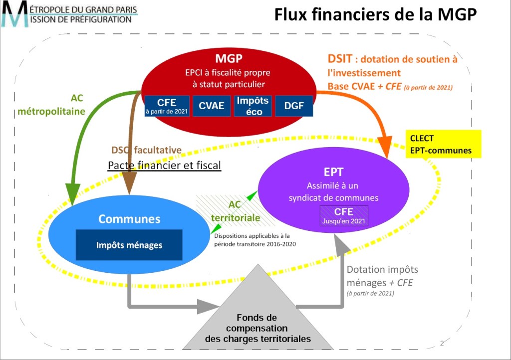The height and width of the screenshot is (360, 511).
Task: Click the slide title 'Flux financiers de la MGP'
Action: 376,15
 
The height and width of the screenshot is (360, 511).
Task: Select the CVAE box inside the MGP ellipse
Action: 212,106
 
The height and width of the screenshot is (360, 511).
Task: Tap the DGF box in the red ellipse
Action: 294,106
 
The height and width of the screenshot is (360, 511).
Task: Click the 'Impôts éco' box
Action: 253,106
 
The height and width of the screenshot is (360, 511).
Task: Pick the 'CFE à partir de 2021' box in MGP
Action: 167,106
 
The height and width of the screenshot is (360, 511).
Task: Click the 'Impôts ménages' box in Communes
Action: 129,245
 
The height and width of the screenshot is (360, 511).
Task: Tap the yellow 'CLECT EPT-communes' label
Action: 443,144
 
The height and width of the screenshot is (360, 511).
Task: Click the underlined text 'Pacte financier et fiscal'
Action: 164,165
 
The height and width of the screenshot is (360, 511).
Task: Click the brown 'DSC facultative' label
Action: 146,150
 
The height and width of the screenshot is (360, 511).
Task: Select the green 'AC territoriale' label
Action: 235,211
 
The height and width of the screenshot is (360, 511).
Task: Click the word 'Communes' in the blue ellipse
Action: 129,219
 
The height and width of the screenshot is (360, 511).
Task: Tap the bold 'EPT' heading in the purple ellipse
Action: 333,172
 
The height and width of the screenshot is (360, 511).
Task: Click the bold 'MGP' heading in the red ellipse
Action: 229,58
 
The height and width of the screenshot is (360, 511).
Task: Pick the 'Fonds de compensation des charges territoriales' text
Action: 257,328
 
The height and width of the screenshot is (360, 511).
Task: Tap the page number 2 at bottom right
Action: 442,343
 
